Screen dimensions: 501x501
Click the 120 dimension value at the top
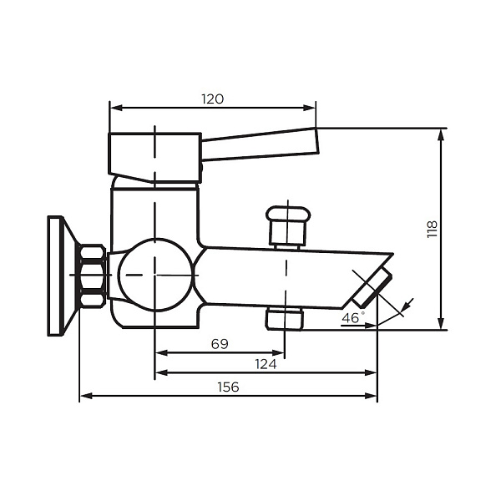[x=212, y=99]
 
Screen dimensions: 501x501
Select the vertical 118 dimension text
[x=432, y=230]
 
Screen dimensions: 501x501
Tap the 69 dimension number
[x=220, y=343]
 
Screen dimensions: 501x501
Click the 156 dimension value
[x=228, y=387]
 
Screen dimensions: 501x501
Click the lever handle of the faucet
[x=259, y=144]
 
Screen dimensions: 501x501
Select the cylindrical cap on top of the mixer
[x=154, y=154]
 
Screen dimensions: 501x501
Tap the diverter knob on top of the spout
[x=286, y=224]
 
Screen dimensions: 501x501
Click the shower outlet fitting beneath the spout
[x=285, y=318]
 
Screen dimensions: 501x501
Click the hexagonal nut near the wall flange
[x=92, y=276]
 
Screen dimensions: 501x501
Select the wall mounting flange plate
[x=58, y=276]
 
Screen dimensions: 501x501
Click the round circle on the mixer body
[x=155, y=275]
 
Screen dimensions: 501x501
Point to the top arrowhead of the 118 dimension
[x=442, y=133]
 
